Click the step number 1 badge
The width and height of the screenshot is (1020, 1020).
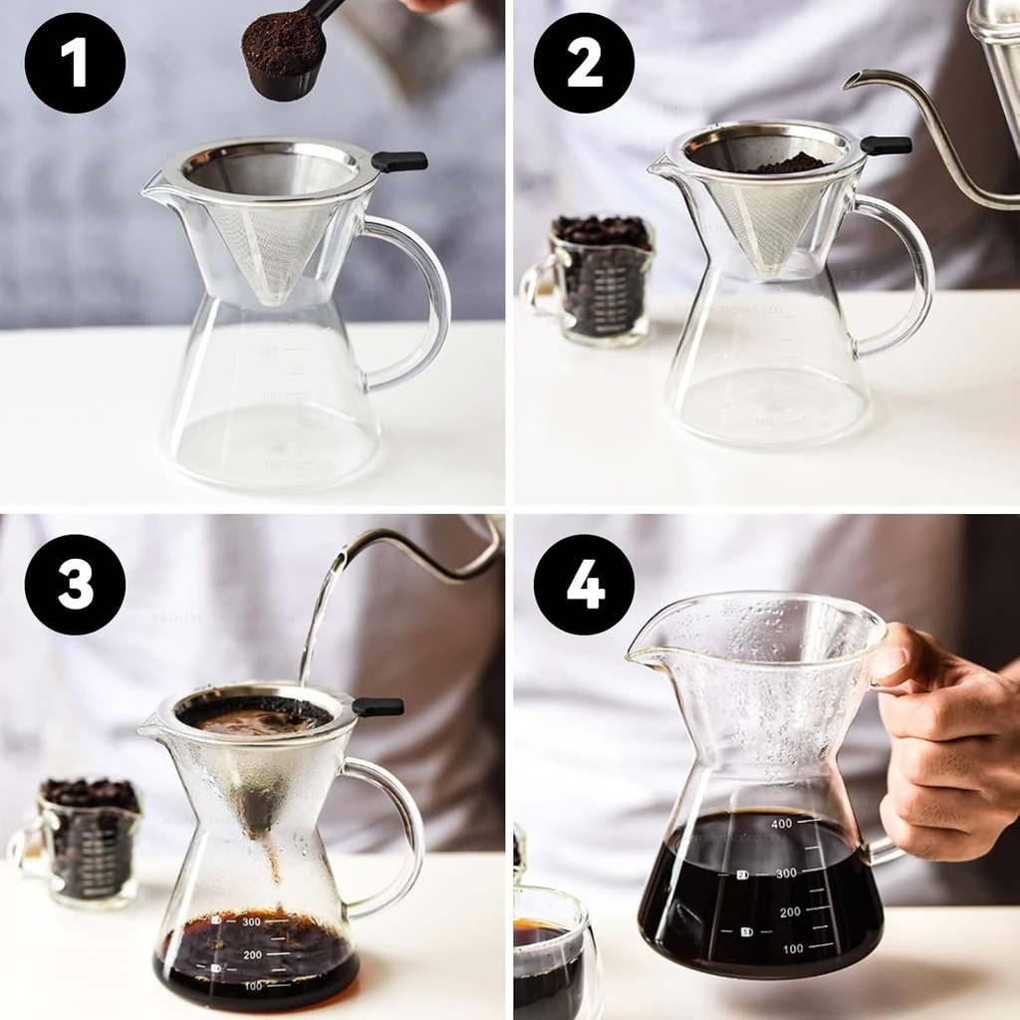pyautogui.click(x=75, y=63)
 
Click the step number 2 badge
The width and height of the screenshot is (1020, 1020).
pyautogui.click(x=584, y=63)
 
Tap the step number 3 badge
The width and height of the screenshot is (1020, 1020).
pyautogui.click(x=75, y=585)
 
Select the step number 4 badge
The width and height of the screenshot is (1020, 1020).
pyautogui.click(x=584, y=585)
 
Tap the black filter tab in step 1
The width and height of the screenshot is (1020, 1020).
pyautogui.click(x=399, y=161)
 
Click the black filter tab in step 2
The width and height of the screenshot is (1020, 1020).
pyautogui.click(x=886, y=145)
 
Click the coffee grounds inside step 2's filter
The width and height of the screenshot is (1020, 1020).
pyautogui.click(x=787, y=163)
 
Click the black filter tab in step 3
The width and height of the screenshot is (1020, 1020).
pyautogui.click(x=379, y=707)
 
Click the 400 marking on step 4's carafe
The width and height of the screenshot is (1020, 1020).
pyautogui.click(x=781, y=824)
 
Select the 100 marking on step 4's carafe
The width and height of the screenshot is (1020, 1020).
pyautogui.click(x=792, y=949)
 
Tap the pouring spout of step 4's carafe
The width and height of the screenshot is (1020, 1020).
pyautogui.click(x=637, y=654)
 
